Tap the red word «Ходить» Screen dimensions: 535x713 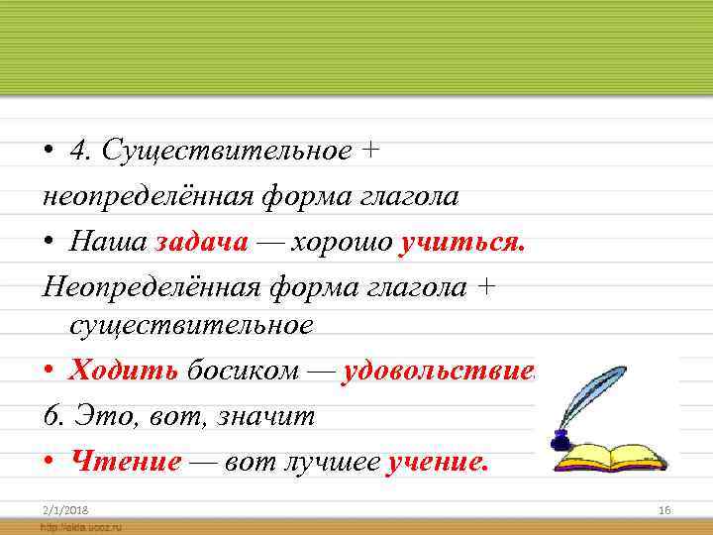[x=123, y=371]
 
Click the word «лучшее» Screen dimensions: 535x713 [x=331, y=462]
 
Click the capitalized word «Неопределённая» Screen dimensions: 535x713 [x=149, y=287]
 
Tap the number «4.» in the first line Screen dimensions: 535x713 [x=81, y=152]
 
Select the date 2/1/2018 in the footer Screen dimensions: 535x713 [x=64, y=508]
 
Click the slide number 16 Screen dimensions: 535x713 [x=664, y=508]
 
